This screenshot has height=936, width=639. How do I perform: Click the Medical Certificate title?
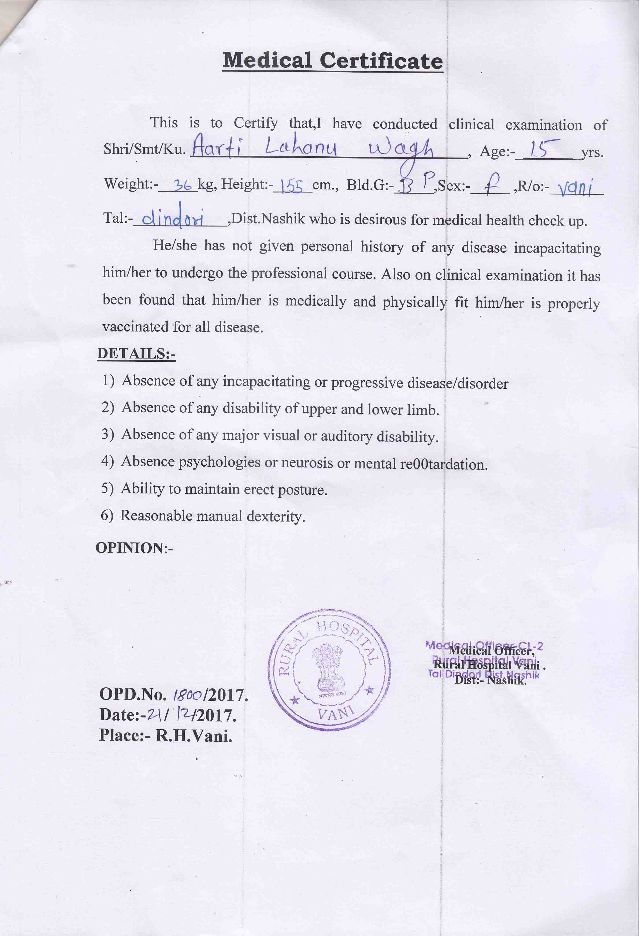(x=333, y=61)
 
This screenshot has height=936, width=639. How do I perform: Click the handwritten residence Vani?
(x=574, y=187)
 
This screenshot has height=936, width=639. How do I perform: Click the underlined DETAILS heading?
(x=136, y=353)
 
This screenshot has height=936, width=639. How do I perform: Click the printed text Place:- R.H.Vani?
(x=166, y=736)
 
